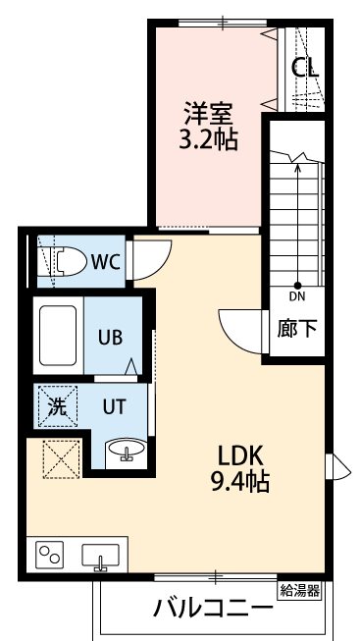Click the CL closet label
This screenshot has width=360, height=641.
pyautogui.click(x=307, y=70)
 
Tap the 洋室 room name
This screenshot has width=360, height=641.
pyautogui.click(x=207, y=110)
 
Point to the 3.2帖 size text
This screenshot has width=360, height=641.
pyautogui.click(x=208, y=138)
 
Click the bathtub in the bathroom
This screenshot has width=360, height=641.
pyautogui.click(x=58, y=335)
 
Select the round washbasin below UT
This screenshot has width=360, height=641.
pyautogui.click(x=126, y=451)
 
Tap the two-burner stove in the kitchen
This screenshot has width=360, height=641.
pyautogui.click(x=50, y=556)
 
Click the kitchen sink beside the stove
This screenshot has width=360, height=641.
pyautogui.click(x=100, y=556)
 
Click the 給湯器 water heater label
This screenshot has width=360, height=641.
pyautogui.click(x=300, y=589)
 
